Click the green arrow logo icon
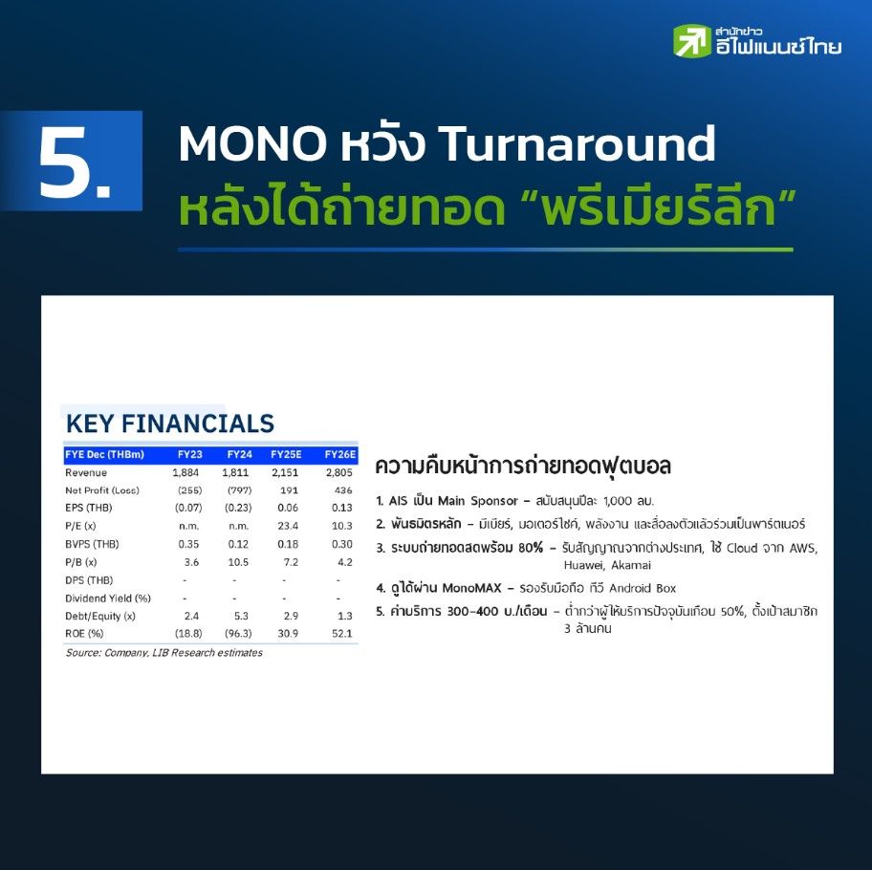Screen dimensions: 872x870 pos(692,40)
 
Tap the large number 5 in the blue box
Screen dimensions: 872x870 pos(75,163)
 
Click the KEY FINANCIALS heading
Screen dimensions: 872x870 pos(170,424)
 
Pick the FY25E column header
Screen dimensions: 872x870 pos(286,454)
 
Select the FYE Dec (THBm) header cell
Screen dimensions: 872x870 pos(104,454)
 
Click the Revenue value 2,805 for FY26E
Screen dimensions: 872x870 pos(339,472)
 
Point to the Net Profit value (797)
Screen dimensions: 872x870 pos(239,490)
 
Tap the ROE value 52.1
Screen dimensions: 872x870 pos(342,633)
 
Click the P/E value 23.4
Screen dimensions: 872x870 pos(288,525)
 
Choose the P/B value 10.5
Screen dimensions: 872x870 pos(238,562)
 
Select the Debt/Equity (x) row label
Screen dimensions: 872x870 pos(100,616)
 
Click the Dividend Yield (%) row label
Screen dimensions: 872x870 pos(108,598)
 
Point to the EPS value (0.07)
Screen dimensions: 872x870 pos(188,508)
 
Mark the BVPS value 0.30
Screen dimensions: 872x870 pos(342,544)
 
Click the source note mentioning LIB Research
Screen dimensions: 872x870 pos(164,653)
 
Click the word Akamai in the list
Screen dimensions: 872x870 pos(631,565)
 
